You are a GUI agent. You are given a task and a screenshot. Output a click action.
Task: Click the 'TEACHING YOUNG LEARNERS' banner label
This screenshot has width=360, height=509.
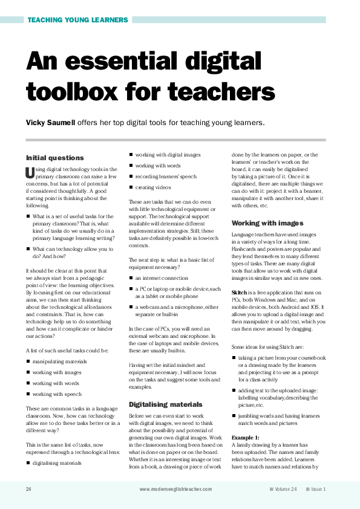(78, 20)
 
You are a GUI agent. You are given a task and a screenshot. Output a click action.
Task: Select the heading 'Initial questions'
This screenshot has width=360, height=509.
(55, 158)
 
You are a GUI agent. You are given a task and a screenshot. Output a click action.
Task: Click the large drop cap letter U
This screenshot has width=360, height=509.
(30, 172)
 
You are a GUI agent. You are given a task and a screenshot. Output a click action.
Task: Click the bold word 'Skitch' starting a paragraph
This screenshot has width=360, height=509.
(240, 293)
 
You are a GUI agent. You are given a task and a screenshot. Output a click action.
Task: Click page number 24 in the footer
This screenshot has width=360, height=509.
(29, 488)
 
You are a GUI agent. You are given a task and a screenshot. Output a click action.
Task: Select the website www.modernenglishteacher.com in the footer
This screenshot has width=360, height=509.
(175, 488)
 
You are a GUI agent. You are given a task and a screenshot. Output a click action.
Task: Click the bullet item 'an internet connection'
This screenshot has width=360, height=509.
(162, 277)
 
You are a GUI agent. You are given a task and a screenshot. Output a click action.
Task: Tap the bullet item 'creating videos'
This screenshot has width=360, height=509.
(153, 187)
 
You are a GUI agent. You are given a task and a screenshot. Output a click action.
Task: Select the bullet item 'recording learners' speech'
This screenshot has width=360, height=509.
(166, 177)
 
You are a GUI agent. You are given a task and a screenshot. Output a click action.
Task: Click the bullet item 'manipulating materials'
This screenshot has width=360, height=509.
(60, 361)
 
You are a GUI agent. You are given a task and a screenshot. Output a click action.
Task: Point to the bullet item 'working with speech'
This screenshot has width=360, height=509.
(57, 394)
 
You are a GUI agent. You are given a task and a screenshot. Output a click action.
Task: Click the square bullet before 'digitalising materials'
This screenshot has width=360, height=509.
(28, 463)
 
